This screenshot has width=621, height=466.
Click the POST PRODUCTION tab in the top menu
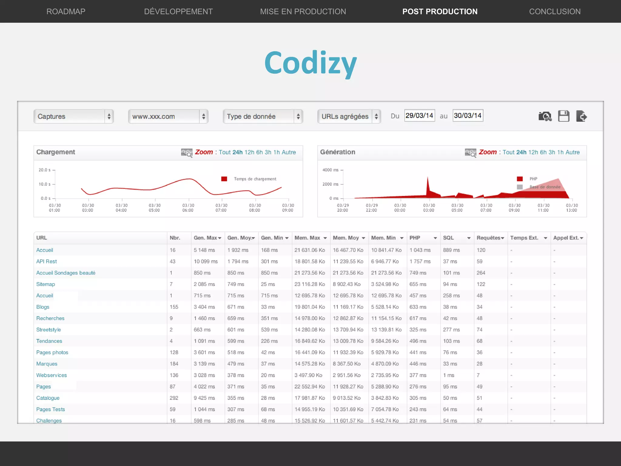(x=440, y=12)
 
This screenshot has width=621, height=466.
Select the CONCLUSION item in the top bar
(x=555, y=12)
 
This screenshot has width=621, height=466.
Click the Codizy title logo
(x=310, y=63)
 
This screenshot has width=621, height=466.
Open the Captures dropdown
(x=73, y=116)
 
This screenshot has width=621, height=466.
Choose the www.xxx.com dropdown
(x=168, y=116)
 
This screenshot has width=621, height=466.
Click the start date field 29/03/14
(x=419, y=116)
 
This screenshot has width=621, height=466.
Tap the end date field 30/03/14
(x=468, y=116)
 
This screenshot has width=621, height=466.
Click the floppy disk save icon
(x=564, y=116)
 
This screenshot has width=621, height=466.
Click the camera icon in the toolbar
(x=545, y=116)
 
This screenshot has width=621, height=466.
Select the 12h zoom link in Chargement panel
(x=249, y=152)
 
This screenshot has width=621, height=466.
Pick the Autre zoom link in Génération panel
(x=572, y=152)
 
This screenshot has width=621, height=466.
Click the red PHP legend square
(x=520, y=179)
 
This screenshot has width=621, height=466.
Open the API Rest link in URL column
(x=46, y=262)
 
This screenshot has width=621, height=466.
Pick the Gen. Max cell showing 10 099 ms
(x=206, y=262)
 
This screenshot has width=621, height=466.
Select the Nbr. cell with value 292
(x=174, y=398)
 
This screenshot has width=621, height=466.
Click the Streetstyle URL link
(x=49, y=330)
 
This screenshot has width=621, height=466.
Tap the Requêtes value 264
(x=481, y=273)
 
